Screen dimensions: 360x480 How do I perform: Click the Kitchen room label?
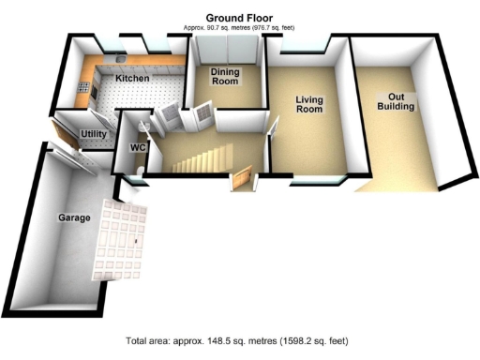pyautogui.click(x=132, y=79)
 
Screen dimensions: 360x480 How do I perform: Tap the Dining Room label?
pyautogui.click(x=224, y=77)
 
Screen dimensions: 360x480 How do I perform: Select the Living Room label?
pyautogui.click(x=309, y=104)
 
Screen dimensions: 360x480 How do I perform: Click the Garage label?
pyautogui.click(x=75, y=217)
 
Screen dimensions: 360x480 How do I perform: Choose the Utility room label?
pyautogui.click(x=94, y=134)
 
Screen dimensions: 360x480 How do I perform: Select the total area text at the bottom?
pyautogui.click(x=239, y=339)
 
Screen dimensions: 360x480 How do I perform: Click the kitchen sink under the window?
pyautogui.click(x=121, y=57)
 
